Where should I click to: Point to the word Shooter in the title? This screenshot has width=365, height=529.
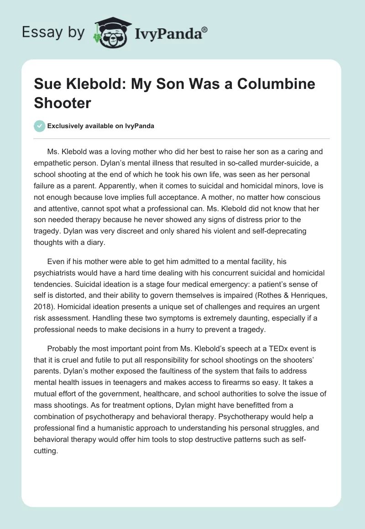[63, 102]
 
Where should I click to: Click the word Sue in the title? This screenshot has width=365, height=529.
[47, 85]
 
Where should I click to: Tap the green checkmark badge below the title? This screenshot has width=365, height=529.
[39, 126]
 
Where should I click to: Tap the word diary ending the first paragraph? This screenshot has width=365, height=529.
[94, 243]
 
